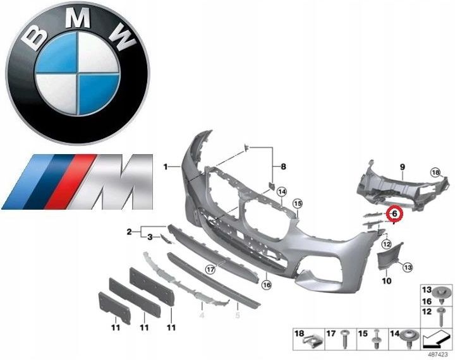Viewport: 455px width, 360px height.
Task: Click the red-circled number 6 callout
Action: (x=394, y=214)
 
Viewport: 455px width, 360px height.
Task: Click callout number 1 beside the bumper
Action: (x=166, y=167)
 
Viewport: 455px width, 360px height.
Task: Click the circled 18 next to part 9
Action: (x=435, y=172)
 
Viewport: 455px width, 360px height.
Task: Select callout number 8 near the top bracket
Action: (x=284, y=167)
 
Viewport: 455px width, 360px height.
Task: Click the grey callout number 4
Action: (x=202, y=313)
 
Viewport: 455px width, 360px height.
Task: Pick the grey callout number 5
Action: (x=236, y=313)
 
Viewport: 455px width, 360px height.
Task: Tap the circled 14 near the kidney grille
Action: (x=281, y=191)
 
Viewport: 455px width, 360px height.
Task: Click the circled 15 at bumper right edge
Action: (x=298, y=203)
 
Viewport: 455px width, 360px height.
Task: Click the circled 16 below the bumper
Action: (x=267, y=285)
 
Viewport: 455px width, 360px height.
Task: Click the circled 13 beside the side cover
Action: (x=408, y=268)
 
